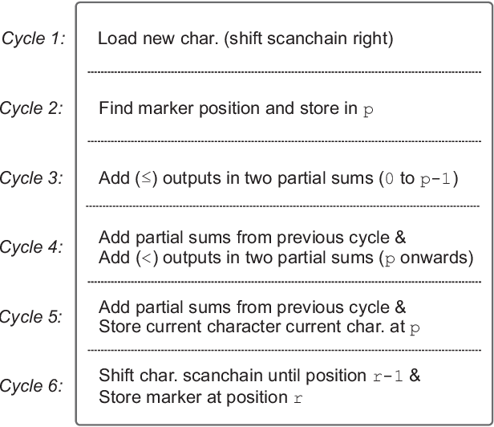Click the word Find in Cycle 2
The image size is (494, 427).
113,108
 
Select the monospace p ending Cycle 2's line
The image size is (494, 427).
368,110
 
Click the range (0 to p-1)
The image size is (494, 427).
417,179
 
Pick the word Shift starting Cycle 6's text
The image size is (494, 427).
114,376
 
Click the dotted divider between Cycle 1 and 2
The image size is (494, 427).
284,72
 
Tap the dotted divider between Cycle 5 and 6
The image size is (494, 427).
284,351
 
